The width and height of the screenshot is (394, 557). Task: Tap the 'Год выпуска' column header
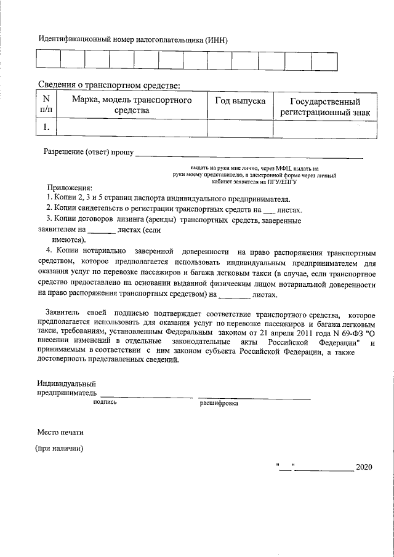click(239, 100)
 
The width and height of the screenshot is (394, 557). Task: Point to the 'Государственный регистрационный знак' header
click(325, 106)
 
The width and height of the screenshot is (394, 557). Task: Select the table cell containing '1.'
click(46, 128)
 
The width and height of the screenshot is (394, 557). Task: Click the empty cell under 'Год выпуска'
click(239, 128)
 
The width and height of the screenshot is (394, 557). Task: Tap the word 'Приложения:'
click(70, 187)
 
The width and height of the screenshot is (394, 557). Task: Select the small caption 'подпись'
click(104, 403)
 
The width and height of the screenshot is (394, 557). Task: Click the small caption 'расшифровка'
click(219, 404)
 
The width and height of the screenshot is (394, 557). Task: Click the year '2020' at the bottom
click(364, 468)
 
